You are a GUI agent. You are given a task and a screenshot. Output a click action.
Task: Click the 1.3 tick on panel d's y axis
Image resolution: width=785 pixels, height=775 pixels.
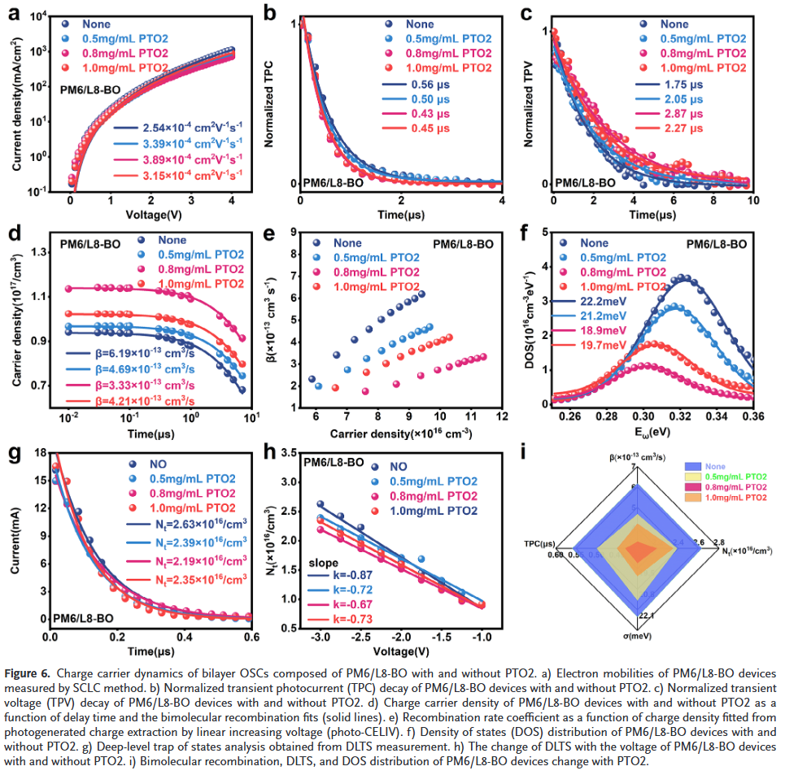pyautogui.click(x=40, y=252)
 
